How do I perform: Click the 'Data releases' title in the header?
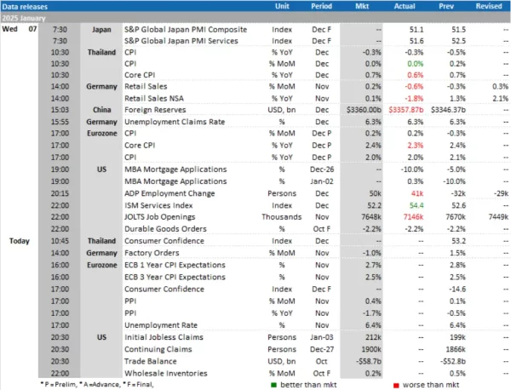click(26, 8)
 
